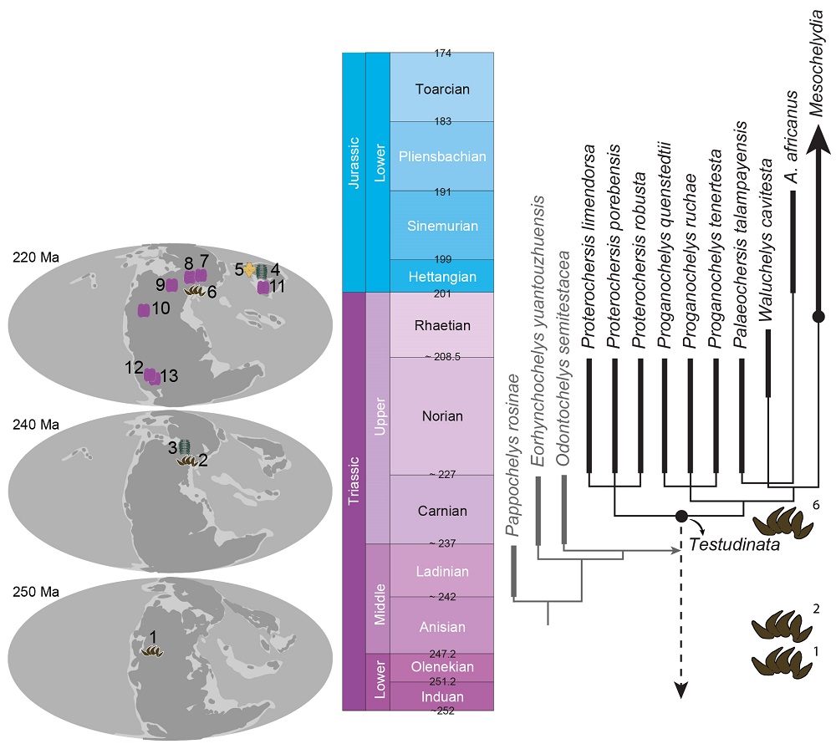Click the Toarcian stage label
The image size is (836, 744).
442,89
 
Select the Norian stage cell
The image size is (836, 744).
442,415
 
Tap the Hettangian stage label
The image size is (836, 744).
442,277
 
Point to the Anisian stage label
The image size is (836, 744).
442,627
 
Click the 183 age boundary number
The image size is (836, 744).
442,121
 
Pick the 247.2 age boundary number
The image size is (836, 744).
442,654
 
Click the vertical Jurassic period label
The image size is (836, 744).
354,162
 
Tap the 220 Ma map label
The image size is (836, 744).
36,257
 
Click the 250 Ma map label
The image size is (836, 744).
36,592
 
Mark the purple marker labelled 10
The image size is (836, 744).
144,310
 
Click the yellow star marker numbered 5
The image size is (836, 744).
249,271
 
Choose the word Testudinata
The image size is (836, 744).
734,544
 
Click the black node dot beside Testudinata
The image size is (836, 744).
681,516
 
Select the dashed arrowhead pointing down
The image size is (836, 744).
681,690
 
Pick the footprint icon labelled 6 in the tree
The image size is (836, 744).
782,522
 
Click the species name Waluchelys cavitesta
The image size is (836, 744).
766,240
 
